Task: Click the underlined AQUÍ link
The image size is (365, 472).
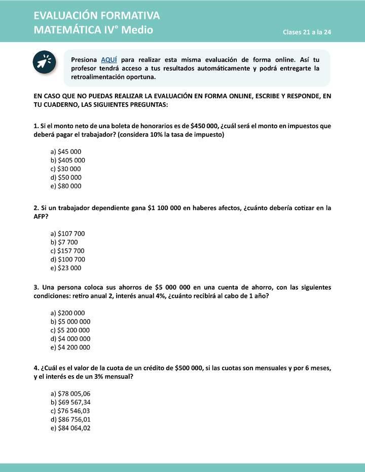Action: tap(109, 59)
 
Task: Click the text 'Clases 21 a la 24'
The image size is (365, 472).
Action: tap(307, 32)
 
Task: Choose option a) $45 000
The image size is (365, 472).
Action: tap(66, 151)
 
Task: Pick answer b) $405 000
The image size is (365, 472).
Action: tap(68, 160)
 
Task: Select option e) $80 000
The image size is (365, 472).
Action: tap(66, 186)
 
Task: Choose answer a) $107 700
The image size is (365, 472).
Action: tap(68, 233)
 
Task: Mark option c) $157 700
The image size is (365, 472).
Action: tap(68, 251)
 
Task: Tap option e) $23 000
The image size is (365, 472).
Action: tap(66, 268)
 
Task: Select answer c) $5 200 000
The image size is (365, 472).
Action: tap(70, 330)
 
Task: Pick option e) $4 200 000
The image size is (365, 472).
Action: tap(70, 347)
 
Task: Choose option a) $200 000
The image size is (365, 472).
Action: tap(68, 313)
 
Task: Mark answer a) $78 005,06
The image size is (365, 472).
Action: tap(70, 394)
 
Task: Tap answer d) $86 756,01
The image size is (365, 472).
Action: tap(70, 419)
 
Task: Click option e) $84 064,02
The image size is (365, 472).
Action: tap(70, 428)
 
